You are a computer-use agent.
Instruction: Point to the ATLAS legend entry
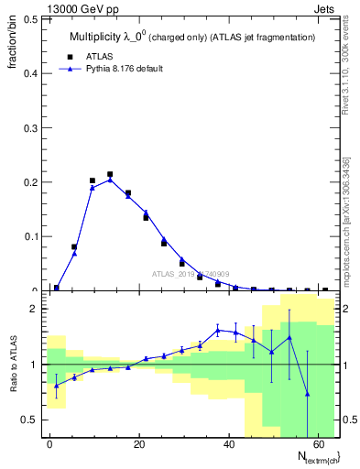pos(101,55)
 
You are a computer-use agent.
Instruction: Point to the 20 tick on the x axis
pos(137,444)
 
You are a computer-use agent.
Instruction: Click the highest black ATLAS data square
pos(110,174)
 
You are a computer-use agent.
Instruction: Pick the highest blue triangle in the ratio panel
pos(218,330)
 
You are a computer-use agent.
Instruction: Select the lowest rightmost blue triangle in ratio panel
pos(307,394)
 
